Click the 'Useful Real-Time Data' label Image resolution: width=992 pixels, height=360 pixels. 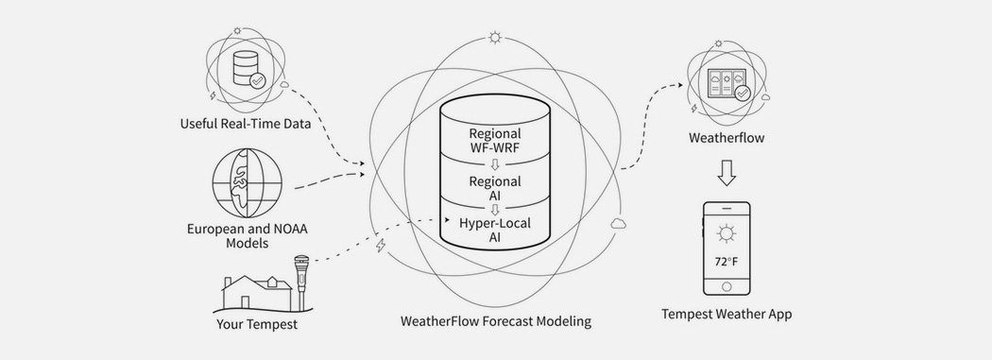[246, 123]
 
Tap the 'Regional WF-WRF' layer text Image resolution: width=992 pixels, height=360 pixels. [495, 142]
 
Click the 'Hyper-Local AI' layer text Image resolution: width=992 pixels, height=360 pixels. [495, 231]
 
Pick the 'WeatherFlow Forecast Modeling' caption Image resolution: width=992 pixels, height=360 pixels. [496, 321]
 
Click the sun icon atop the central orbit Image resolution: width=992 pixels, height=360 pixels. [495, 39]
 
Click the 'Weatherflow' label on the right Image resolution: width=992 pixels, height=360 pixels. [727, 139]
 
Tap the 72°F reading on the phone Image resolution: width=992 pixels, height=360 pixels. [726, 260]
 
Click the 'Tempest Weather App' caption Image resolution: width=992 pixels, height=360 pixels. [727, 314]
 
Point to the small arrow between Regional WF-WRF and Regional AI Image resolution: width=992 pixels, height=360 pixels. [495, 163]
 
